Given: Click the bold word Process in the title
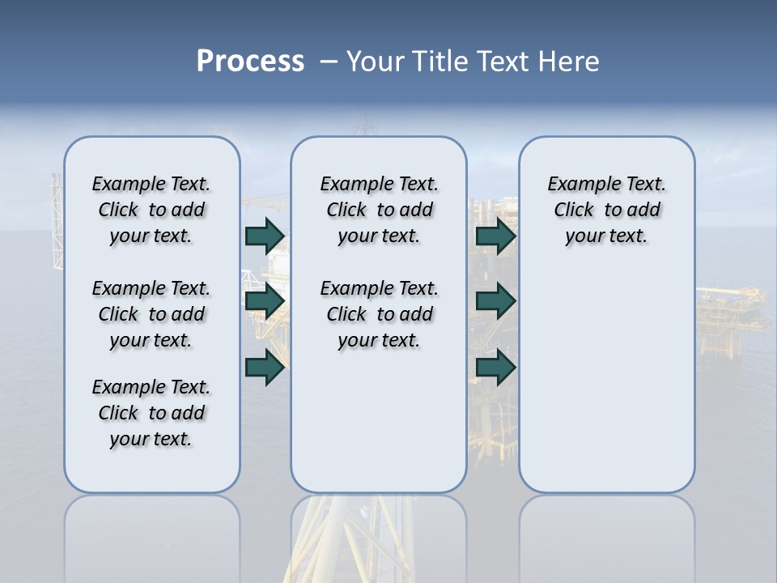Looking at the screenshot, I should coord(250,62).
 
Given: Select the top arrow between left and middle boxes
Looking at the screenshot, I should coord(265,236).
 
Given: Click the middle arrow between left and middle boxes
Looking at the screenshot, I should coord(265,301).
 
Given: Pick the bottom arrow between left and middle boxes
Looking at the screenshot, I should coord(265,368).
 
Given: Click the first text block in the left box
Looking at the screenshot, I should coord(151,211).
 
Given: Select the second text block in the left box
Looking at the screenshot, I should coord(151,314).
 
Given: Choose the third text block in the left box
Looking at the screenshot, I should coord(151,413).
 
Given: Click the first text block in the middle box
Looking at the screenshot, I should coord(379,211).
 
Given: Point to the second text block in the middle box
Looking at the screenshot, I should coord(379,314).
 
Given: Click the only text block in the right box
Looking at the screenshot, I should coord(607,211).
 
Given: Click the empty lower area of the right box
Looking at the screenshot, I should coord(607,381).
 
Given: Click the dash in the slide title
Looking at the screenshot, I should coord(329,62).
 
